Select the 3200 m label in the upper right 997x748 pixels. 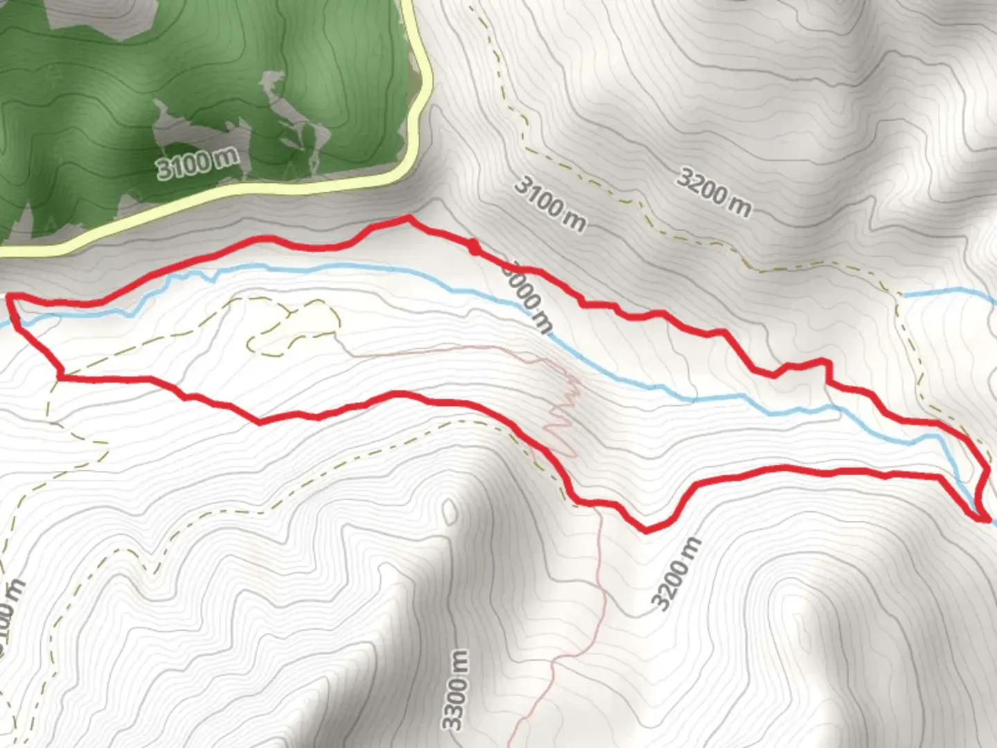tap(713, 191)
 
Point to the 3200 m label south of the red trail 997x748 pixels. tap(676, 573)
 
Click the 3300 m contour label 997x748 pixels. tap(456, 690)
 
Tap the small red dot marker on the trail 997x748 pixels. tap(474, 247)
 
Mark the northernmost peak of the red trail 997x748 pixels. tap(407, 218)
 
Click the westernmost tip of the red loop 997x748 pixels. tap(10, 298)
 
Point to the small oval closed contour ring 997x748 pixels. tap(451, 512)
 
